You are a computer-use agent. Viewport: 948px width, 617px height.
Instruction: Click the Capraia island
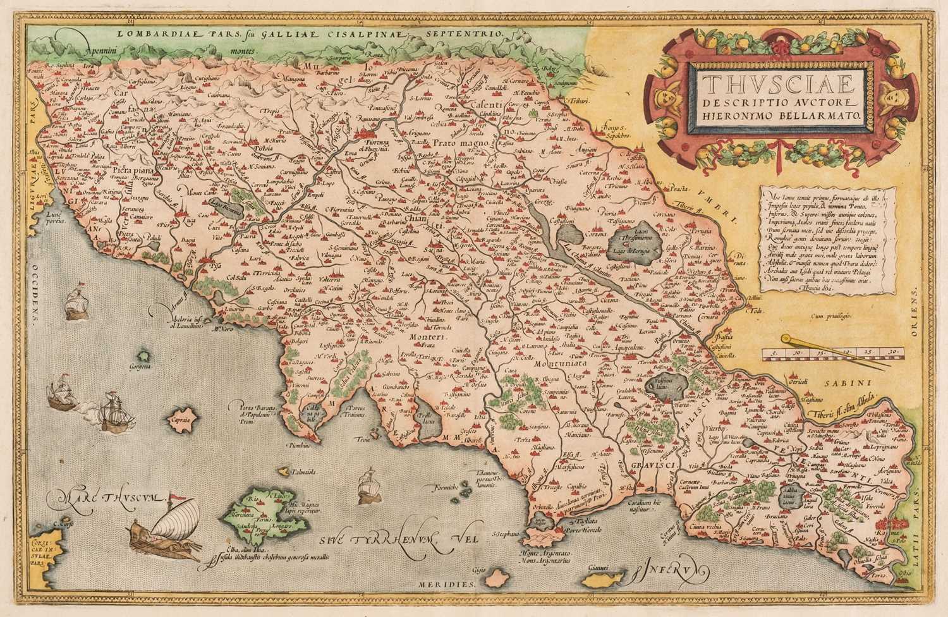click(x=179, y=418)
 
